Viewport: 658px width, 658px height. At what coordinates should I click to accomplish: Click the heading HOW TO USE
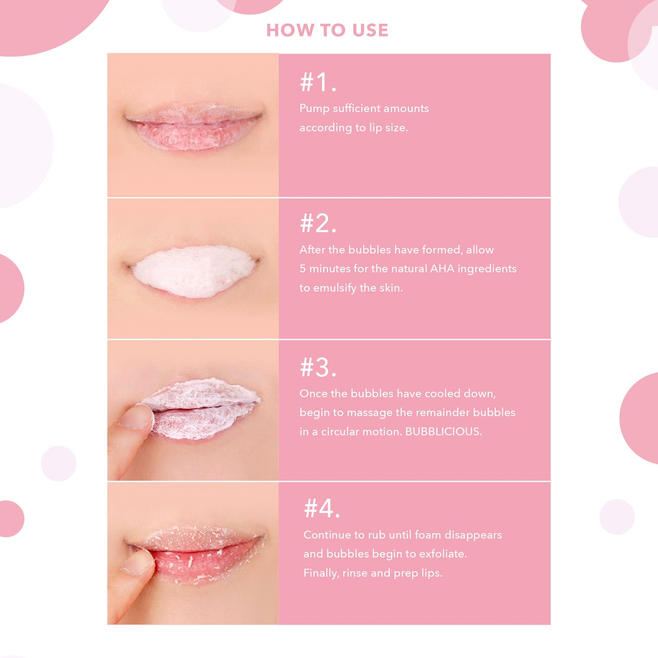(327, 30)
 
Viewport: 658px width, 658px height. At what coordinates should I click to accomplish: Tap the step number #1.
(318, 82)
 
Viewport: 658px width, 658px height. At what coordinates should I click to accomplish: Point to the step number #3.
(318, 367)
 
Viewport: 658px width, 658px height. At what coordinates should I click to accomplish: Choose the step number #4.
(321, 509)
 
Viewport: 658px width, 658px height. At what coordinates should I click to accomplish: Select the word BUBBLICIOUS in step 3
(444, 432)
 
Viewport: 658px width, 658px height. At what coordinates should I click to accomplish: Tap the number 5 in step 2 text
(302, 269)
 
